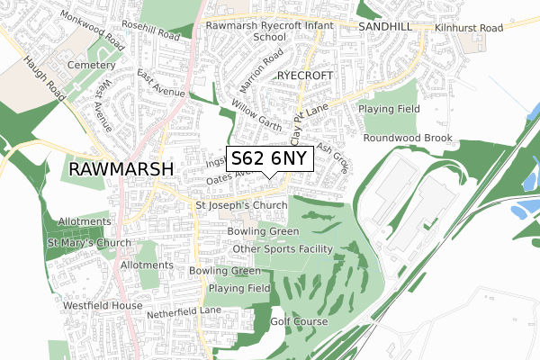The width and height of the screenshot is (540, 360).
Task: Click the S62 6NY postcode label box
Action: [270, 158]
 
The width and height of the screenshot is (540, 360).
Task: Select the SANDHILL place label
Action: [384, 28]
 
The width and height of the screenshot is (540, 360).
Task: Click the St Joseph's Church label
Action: [241, 206]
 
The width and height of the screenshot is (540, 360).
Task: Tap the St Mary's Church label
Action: [89, 243]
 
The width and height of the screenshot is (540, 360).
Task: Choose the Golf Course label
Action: [300, 321]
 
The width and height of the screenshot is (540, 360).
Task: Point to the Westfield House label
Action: [103, 306]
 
